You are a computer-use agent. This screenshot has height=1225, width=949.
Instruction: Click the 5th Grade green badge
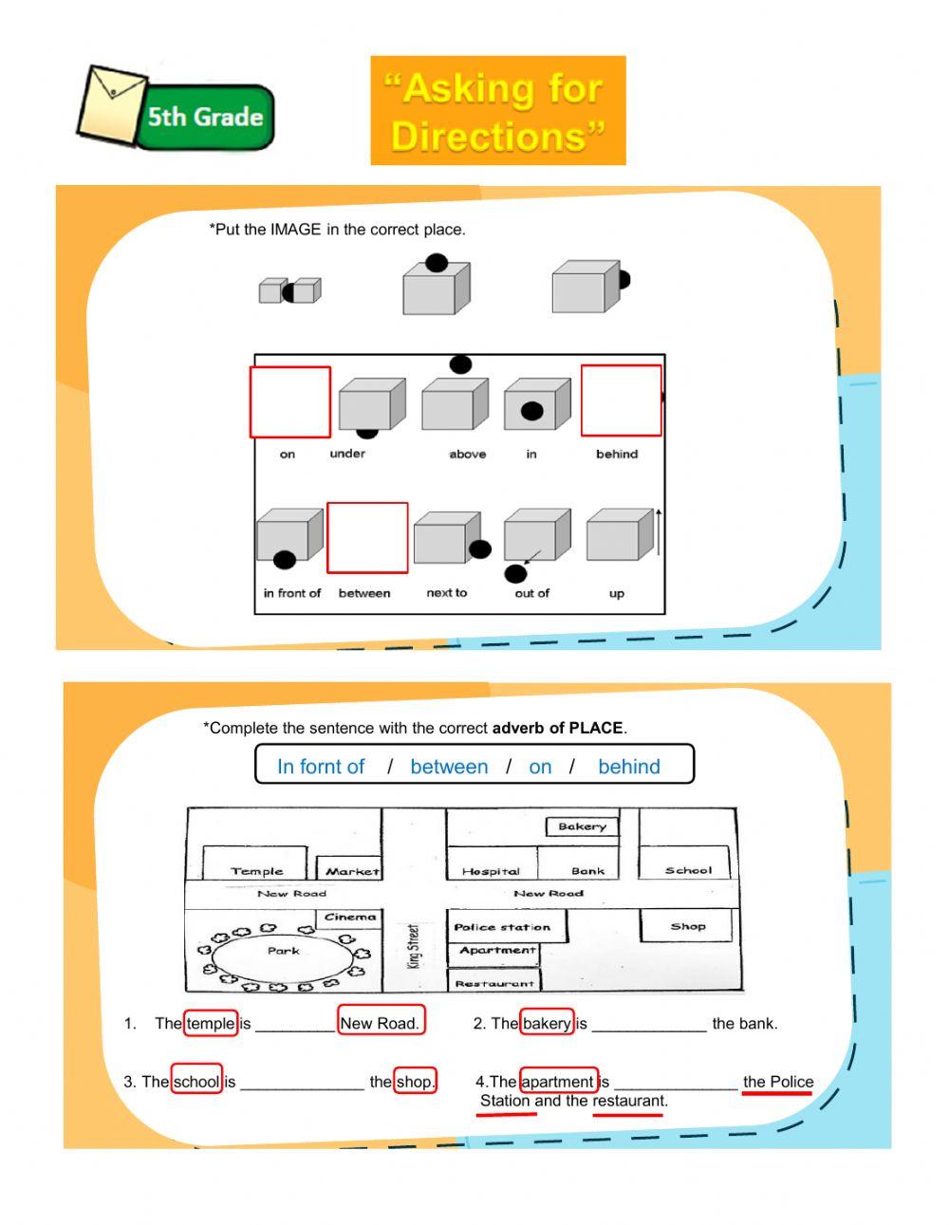(204, 118)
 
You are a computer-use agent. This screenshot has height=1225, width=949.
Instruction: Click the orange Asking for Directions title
(497, 111)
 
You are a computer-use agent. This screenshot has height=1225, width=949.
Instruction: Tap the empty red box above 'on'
(290, 402)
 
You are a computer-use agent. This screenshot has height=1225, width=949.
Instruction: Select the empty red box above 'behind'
(621, 400)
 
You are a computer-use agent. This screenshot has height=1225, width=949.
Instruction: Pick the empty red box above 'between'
(367, 538)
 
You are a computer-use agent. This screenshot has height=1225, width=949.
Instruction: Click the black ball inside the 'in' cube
(532, 411)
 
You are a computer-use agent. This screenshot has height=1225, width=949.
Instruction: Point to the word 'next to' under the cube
(446, 593)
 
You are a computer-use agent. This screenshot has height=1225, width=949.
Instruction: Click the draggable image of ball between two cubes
(289, 291)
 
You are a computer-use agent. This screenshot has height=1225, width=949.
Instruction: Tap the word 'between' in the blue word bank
(449, 767)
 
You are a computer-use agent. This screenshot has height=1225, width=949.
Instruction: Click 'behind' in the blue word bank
(628, 767)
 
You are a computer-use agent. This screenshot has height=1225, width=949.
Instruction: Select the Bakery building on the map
(582, 826)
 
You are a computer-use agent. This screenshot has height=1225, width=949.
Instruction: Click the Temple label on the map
(256, 870)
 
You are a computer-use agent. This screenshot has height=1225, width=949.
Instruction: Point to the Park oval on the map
(282, 952)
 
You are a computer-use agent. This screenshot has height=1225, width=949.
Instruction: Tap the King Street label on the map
(413, 946)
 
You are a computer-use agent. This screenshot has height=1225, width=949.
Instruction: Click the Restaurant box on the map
(493, 982)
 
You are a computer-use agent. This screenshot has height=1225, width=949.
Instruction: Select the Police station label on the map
(502, 927)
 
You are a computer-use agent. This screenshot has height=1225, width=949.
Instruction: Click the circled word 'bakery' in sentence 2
(547, 1023)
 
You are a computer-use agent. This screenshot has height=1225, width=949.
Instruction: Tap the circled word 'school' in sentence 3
(196, 1081)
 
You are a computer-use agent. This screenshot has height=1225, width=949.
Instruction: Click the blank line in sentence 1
(294, 1025)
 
